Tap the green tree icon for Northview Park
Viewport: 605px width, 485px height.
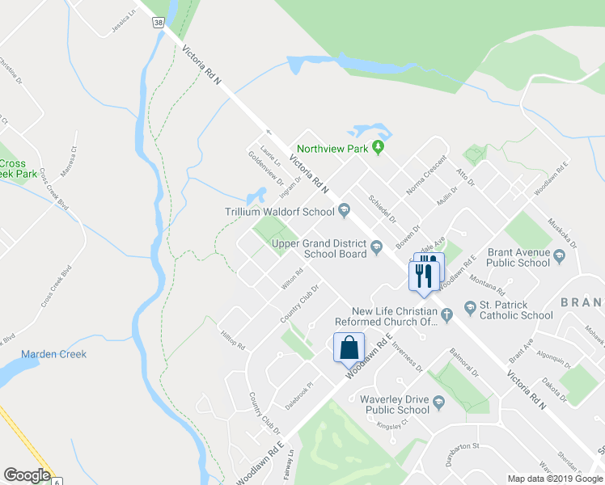(x=377, y=148)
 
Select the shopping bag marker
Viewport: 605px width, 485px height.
(x=349, y=348)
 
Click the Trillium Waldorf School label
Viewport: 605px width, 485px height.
(x=280, y=213)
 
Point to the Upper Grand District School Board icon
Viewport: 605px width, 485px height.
(x=376, y=253)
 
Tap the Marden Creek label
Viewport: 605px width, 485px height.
(x=53, y=354)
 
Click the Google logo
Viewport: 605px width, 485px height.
(x=27, y=475)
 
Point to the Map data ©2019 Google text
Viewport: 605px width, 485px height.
(x=554, y=479)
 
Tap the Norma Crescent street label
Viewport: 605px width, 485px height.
(x=426, y=175)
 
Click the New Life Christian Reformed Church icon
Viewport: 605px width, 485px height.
(x=445, y=312)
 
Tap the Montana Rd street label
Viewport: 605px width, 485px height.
(x=487, y=285)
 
